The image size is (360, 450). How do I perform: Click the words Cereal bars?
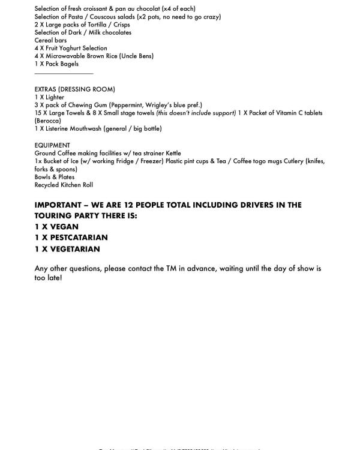50,40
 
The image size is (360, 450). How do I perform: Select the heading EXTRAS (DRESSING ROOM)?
74,89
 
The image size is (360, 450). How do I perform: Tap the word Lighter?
55,97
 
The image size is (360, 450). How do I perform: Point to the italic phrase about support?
196,113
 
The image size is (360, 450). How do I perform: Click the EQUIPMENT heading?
52,145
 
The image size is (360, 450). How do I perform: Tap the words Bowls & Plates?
55,177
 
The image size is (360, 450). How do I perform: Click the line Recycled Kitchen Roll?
64,185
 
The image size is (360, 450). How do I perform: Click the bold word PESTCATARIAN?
79,238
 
